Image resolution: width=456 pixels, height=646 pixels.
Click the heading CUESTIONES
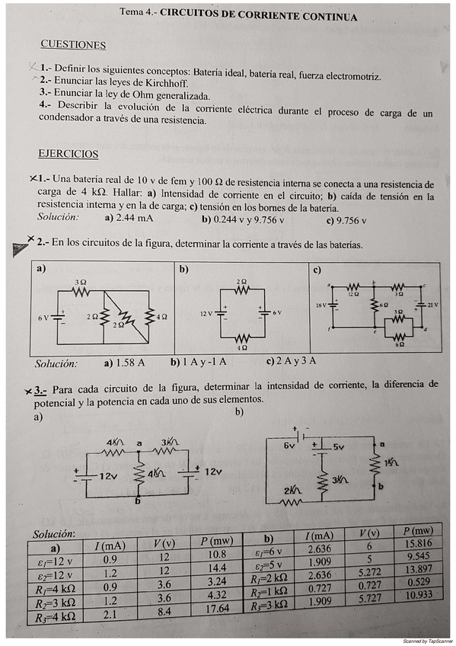[73, 45]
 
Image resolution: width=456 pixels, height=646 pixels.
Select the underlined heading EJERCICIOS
[69, 154]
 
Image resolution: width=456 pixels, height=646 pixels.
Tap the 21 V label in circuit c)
[433, 305]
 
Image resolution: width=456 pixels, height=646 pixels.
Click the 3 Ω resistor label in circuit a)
[81, 282]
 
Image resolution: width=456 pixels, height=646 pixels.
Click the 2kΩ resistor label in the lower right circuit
[289, 490]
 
